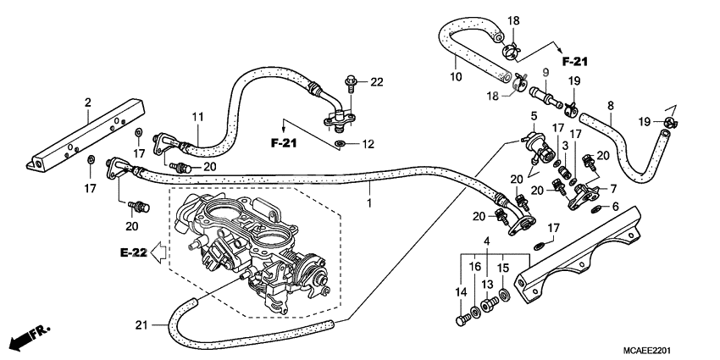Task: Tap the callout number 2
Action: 88,103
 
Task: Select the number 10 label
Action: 455,77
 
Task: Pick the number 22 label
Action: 376,81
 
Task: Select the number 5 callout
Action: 534,116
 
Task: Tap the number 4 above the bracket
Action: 485,241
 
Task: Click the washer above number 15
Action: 504,295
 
